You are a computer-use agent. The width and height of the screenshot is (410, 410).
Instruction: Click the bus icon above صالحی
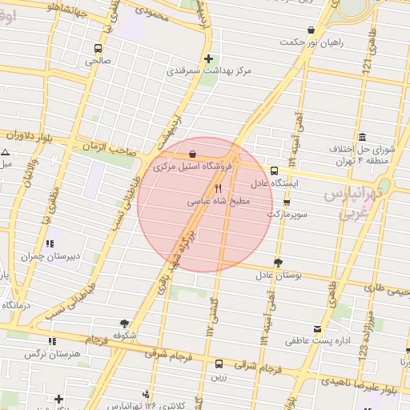[98, 48]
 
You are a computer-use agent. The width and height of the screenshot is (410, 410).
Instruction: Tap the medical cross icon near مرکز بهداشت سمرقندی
[208, 58]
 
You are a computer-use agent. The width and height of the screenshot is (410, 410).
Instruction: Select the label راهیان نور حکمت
[314, 42]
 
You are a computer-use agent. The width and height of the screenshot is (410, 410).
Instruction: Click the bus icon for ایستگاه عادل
[274, 171]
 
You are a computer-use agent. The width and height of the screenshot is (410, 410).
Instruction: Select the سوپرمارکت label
[286, 215]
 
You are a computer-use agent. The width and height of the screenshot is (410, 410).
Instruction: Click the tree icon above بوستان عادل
[278, 263]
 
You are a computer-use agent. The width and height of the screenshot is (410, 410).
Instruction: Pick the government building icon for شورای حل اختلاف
[363, 136]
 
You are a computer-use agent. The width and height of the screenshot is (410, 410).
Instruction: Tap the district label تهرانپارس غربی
[357, 204]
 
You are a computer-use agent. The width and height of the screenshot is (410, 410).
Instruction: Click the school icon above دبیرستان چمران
[50, 243]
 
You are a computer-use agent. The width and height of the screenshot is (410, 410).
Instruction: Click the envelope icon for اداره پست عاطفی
[318, 329]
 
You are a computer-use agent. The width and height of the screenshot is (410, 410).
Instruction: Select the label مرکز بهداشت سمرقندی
[208, 71]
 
